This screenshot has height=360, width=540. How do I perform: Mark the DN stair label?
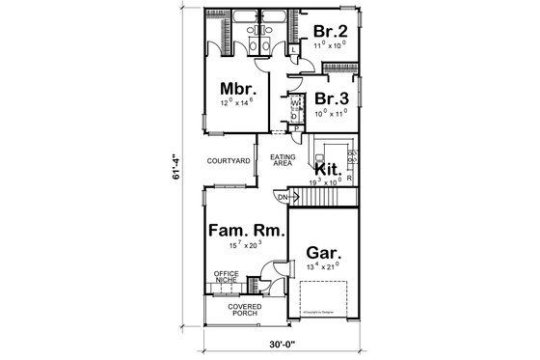click(x=283, y=199)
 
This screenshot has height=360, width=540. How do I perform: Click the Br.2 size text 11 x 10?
click(x=330, y=45)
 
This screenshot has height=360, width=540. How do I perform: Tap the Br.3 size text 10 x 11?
click(x=330, y=114)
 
